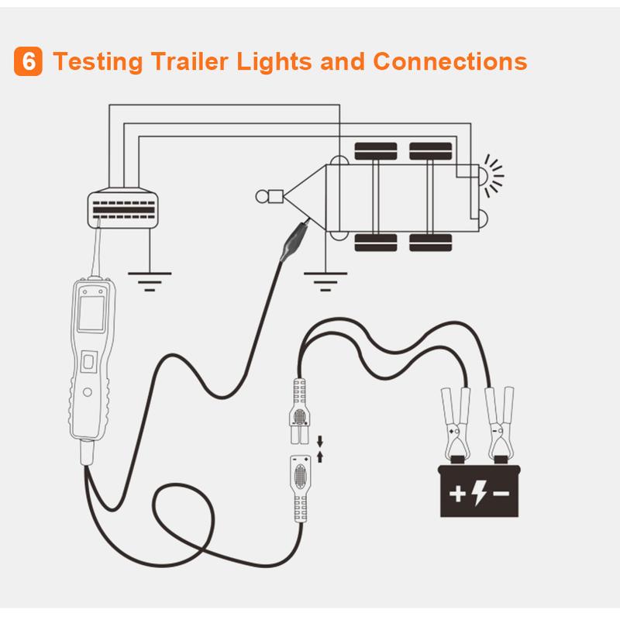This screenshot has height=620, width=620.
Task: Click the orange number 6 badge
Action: click(29, 62)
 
